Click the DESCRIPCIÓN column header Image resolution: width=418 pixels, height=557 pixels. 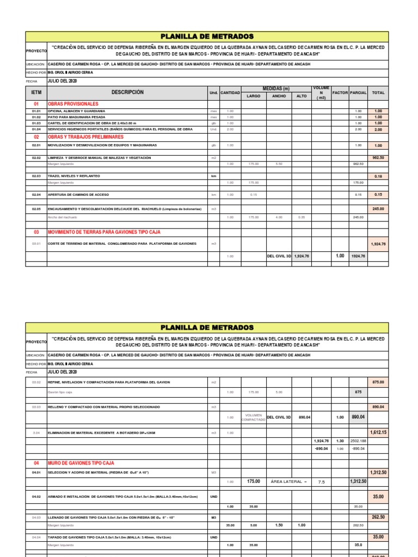[x=127, y=92]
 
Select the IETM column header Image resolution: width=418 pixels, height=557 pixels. [x=36, y=93]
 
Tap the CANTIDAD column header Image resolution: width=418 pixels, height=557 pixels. [x=230, y=93]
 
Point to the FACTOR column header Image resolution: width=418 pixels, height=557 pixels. [x=340, y=93]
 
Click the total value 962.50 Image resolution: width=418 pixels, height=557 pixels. [x=378, y=158]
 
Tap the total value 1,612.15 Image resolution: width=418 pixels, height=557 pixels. [x=378, y=432]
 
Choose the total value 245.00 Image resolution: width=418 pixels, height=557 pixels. [x=378, y=209]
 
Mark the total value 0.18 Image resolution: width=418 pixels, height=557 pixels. [x=378, y=177]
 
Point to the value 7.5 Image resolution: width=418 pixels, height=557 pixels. [x=321, y=482]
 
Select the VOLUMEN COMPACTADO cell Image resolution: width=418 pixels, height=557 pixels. [x=254, y=417]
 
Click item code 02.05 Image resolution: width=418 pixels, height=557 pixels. [x=36, y=209]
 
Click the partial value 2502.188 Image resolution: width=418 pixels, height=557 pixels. [x=358, y=441]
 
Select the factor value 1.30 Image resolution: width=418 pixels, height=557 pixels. [x=340, y=441]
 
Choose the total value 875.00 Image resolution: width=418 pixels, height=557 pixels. [x=378, y=382]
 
